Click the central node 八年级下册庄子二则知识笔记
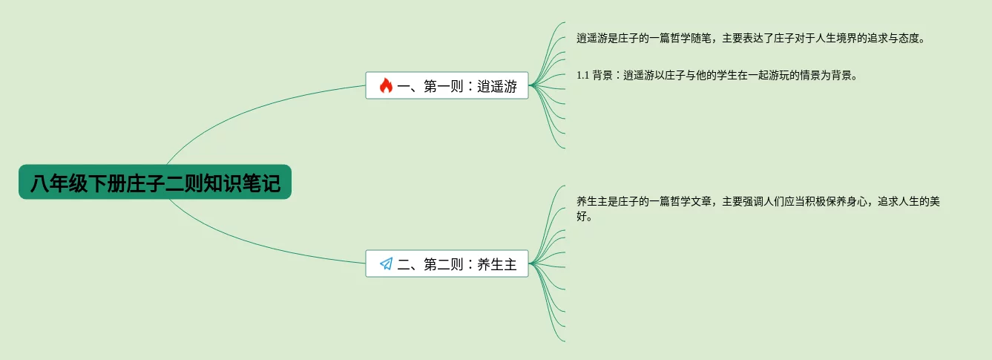[x=155, y=183]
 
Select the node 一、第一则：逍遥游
[x=447, y=86]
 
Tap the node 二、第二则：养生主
[x=447, y=264]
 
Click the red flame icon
[x=386, y=86]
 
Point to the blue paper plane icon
[x=386, y=264]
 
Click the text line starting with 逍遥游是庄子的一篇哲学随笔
[x=750, y=39]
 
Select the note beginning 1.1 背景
[x=717, y=75]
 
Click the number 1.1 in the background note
[x=582, y=75]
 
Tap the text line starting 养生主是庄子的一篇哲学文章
[x=758, y=201]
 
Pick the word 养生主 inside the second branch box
[x=497, y=264]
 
